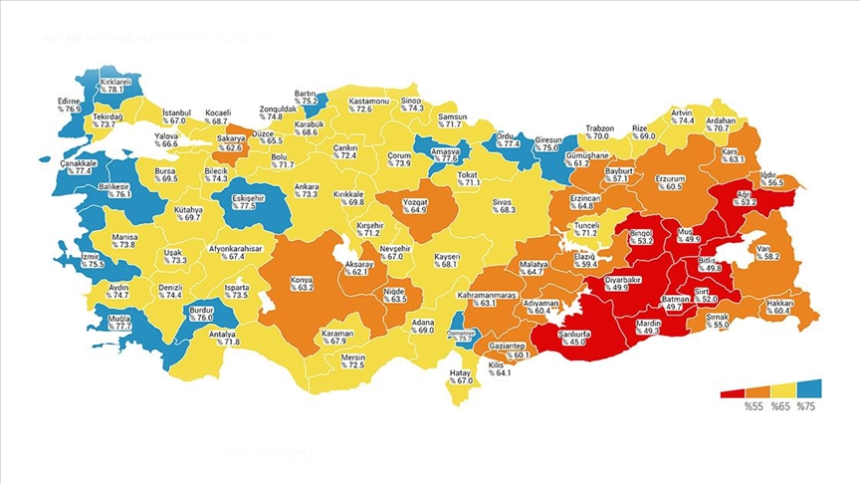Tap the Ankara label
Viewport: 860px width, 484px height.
pyautogui.click(x=306, y=190)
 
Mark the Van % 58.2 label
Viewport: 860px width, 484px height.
pyautogui.click(x=765, y=252)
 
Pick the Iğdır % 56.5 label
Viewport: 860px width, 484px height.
pyautogui.click(x=771, y=178)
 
